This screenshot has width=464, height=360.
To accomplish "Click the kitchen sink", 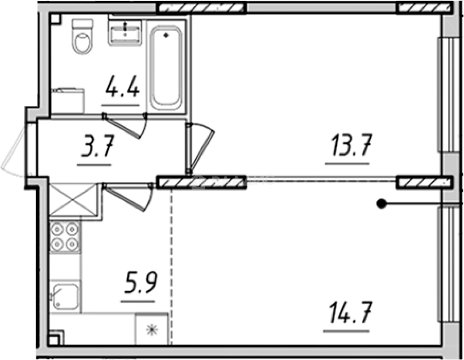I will coord(65,296).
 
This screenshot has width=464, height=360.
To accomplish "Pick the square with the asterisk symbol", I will coord(152,329).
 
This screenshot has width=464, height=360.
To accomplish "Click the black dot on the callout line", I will coord(381,203).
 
